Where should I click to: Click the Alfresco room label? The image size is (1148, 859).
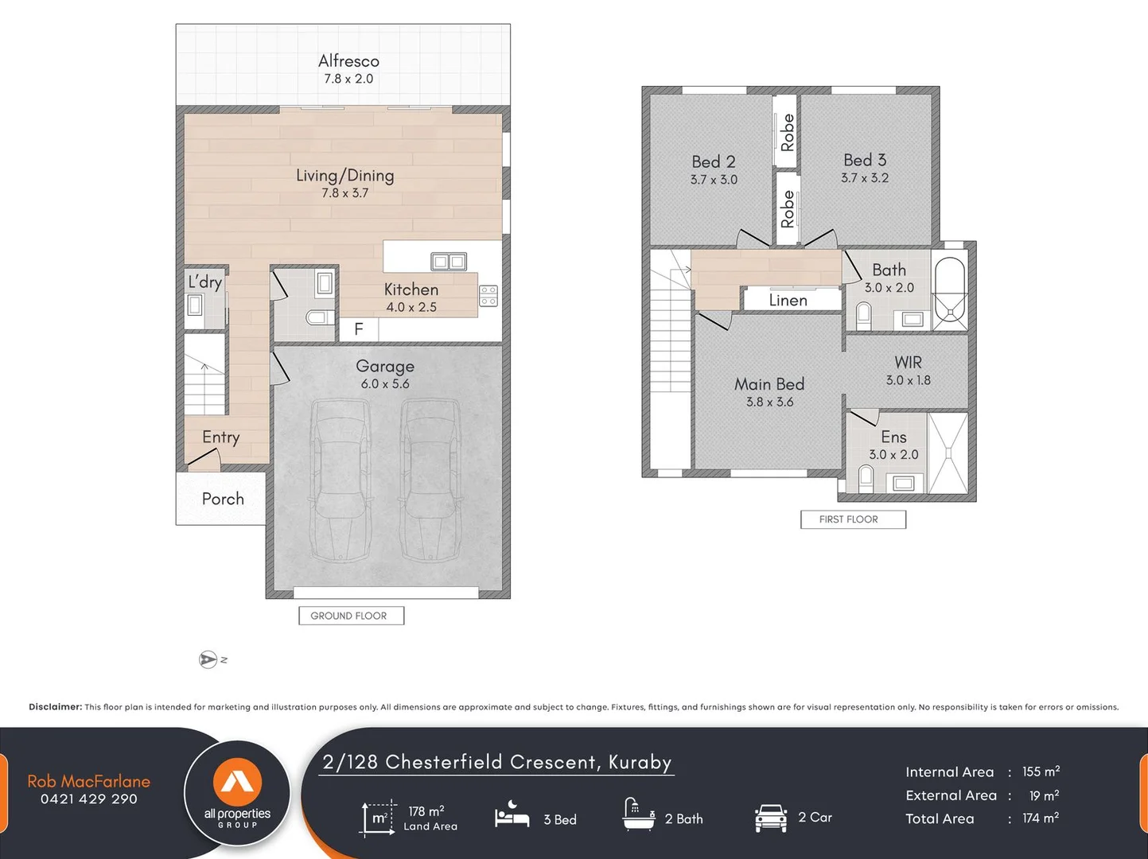(348, 61)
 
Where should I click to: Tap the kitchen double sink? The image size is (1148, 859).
(449, 262)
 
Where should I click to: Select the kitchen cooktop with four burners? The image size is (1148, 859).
(488, 296)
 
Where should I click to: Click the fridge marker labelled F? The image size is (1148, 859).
(358, 328)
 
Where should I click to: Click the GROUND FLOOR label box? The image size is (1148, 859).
(352, 616)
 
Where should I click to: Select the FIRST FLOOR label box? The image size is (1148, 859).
(853, 519)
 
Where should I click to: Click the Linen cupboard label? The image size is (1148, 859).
(788, 300)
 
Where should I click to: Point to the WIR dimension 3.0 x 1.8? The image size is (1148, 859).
(908, 380)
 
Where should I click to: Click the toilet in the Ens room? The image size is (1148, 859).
(866, 478)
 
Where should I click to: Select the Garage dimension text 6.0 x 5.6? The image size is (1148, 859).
(385, 383)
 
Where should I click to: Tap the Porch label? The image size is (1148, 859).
(223, 499)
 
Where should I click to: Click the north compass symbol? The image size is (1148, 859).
(208, 659)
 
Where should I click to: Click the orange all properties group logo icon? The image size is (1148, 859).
(237, 782)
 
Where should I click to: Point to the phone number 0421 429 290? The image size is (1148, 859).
(89, 799)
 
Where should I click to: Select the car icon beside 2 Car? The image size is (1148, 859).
(771, 818)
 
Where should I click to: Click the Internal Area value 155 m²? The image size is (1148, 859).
(1041, 772)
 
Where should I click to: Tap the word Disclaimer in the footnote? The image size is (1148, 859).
(56, 707)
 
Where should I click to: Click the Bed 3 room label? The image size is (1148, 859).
(865, 160)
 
